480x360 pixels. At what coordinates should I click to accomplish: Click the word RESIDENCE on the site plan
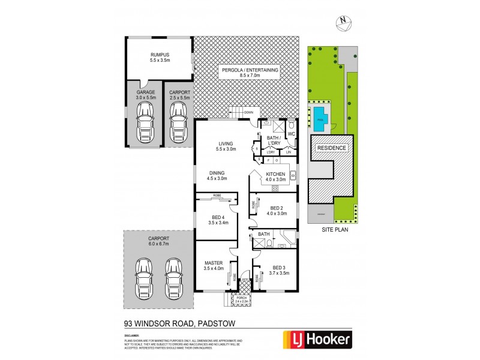click(331, 148)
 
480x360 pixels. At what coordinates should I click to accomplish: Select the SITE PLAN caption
click(335, 228)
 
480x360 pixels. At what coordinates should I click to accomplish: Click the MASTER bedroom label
click(214, 263)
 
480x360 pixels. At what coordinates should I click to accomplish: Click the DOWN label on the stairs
click(248, 112)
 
